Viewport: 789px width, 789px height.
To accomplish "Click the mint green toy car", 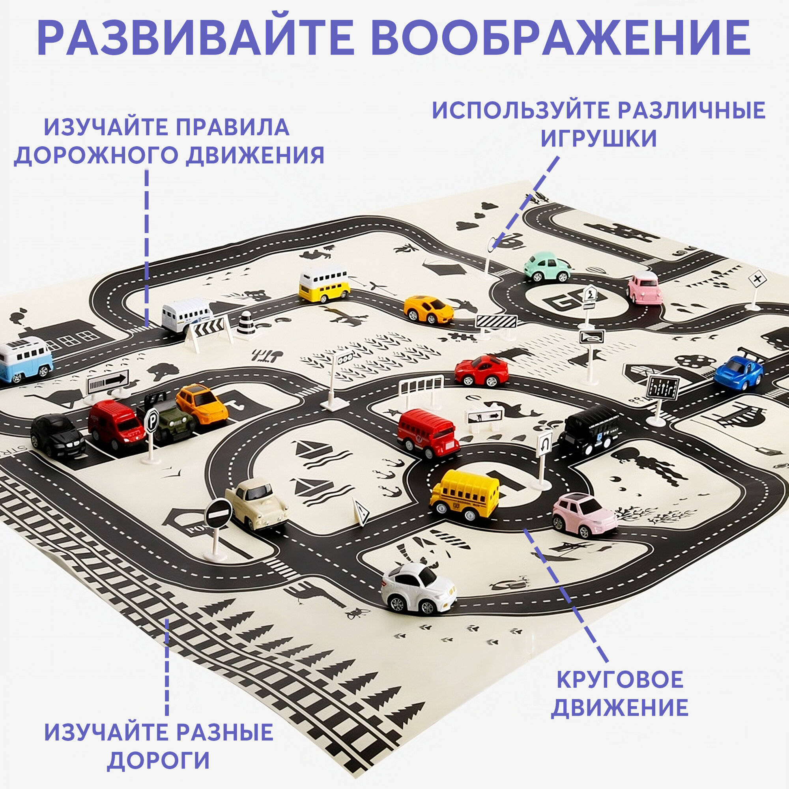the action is click(x=547, y=267).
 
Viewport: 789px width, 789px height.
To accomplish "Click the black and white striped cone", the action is click(x=246, y=325).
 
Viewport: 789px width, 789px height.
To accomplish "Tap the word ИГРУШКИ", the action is click(x=599, y=138).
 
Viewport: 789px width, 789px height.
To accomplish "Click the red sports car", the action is click(x=482, y=370).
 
